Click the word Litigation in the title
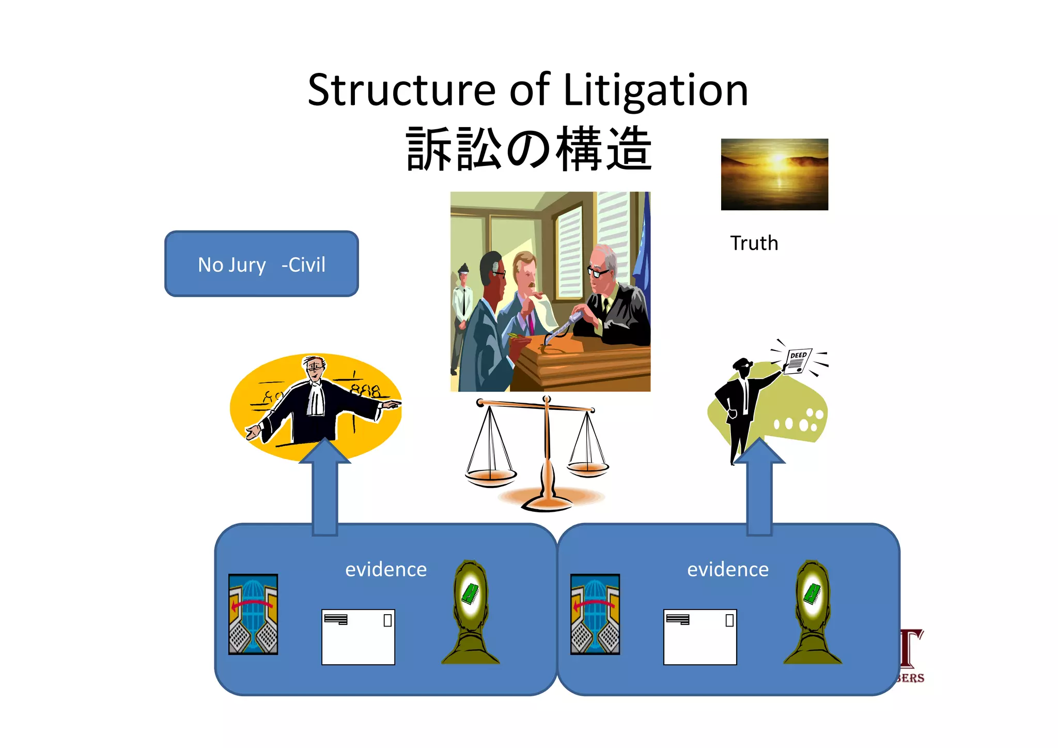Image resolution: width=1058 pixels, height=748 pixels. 655,91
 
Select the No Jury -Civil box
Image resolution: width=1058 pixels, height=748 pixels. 261,264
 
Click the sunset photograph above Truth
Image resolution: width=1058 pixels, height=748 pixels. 774,174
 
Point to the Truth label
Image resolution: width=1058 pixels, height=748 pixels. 754,243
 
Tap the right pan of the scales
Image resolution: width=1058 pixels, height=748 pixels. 588,468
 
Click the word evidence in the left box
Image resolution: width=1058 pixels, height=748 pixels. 386,570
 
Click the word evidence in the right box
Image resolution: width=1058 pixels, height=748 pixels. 727,570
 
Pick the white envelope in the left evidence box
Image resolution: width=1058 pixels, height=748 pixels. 358,637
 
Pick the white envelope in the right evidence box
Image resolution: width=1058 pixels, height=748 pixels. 700,637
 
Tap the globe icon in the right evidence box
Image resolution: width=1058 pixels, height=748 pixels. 595,614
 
